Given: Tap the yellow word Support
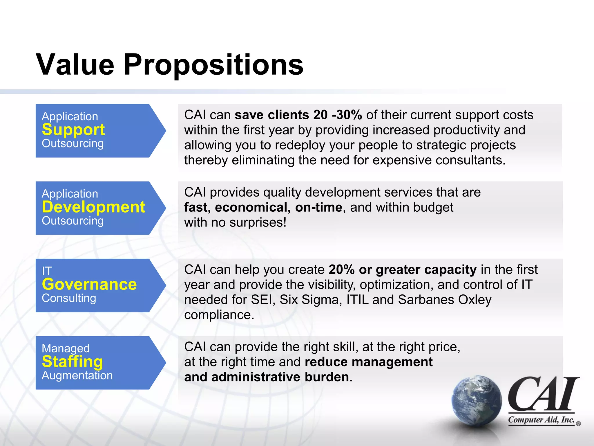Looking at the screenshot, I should pos(73,130).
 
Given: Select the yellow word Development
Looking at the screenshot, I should pos(93,207).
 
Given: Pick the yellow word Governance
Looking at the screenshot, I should pos(89,284).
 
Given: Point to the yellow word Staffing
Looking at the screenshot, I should pos(72,362).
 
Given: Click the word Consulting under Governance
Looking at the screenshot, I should pos(69,298).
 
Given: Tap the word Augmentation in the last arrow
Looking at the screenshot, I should pos(77,375).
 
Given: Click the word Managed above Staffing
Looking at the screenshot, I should pos(66,348).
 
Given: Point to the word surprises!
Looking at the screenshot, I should pos(258,222).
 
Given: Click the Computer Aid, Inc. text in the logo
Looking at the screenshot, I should pos(541,420).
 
